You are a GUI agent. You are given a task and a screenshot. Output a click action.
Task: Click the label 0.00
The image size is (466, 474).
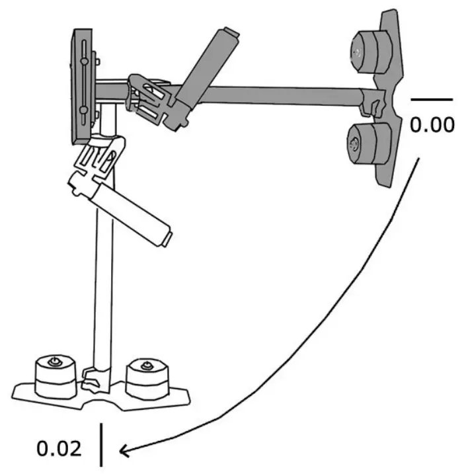432,124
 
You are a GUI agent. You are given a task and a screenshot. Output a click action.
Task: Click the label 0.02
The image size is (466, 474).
59,449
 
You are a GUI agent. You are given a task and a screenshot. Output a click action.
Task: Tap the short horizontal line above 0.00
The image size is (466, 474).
432,99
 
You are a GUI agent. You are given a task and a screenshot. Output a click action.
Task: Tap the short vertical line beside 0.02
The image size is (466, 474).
101,445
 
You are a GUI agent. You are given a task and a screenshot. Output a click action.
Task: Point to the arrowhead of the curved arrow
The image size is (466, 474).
124,451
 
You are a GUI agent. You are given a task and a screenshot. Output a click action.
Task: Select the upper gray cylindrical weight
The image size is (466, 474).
371,52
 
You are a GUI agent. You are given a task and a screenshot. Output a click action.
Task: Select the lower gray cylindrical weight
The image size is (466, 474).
369,143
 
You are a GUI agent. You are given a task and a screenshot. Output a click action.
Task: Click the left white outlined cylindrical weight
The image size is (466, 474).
56,376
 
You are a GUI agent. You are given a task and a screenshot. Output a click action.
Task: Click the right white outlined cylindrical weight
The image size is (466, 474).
147,379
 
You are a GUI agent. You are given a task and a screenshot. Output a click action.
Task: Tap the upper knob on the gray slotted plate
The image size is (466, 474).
85,61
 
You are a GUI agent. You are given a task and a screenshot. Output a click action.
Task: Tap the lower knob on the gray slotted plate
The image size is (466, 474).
84,110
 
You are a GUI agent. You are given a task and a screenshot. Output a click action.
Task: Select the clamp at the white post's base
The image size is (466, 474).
95,379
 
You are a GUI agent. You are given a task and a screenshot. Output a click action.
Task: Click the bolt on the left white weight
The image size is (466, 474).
54,361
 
